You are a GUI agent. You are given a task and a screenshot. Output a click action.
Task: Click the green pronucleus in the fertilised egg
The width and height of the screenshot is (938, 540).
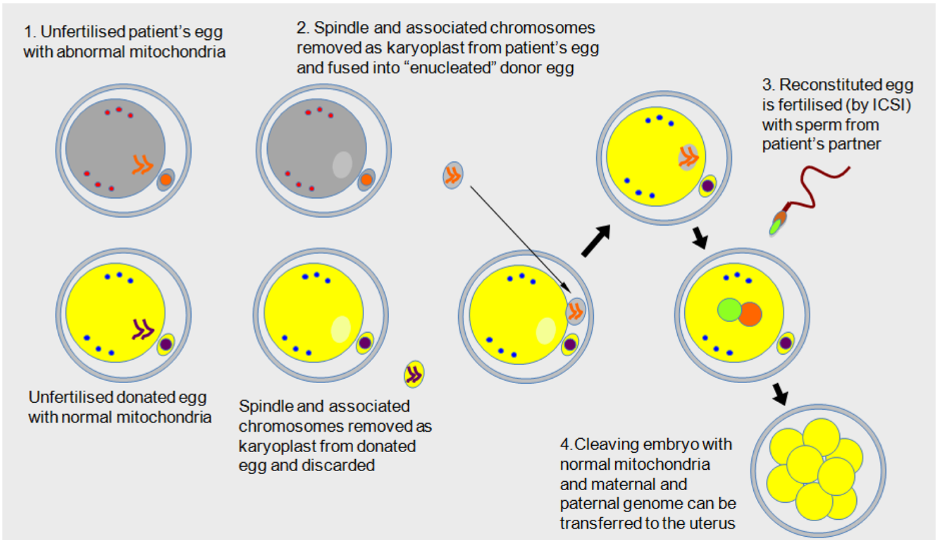(730, 310)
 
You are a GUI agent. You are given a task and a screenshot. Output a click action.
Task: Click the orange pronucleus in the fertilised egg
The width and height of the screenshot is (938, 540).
(749, 314)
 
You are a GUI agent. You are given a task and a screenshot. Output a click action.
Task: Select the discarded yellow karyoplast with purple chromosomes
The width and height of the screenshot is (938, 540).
(414, 374)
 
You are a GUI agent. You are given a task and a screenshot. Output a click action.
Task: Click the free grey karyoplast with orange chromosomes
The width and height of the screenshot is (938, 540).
(453, 175)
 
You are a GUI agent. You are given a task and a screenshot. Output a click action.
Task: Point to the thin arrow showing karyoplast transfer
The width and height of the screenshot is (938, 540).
(520, 240)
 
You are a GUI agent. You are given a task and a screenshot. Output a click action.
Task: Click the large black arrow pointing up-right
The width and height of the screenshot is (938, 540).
(596, 240)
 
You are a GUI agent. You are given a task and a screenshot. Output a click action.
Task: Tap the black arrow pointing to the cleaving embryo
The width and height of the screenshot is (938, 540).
(780, 394)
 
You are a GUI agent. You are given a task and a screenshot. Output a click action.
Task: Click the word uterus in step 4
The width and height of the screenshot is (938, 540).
(711, 523)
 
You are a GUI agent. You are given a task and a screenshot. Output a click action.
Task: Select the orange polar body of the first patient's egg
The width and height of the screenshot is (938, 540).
(166, 180)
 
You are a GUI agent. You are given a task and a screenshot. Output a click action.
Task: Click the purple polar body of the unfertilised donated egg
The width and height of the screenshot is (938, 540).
(166, 344)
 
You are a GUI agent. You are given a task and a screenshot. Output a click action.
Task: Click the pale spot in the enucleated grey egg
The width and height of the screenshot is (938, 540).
(342, 164)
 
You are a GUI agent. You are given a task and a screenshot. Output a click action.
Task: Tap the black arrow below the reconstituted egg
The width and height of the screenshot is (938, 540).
(700, 238)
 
